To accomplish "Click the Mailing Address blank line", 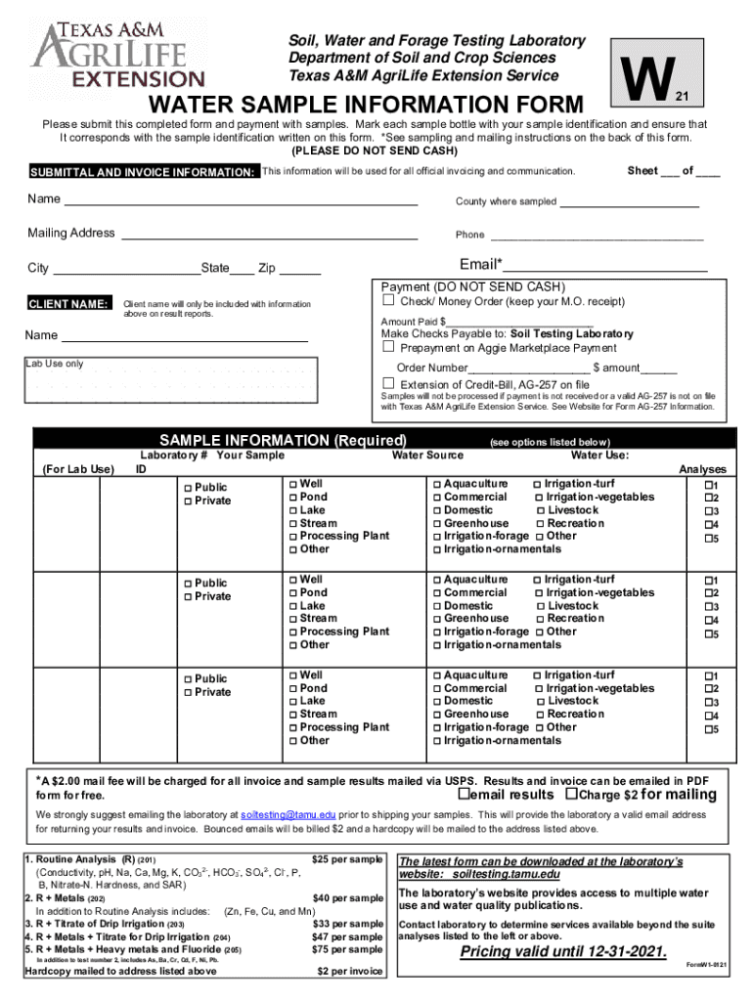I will (x=269, y=235).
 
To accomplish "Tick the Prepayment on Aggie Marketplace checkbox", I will (x=388, y=347).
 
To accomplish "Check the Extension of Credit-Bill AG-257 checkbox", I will (x=388, y=384).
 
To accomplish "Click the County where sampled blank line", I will (x=629, y=202).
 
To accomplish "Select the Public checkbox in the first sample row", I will (x=188, y=488).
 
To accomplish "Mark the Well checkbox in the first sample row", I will (x=292, y=484).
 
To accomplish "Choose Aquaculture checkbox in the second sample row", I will (x=437, y=580).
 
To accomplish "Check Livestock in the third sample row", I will (x=541, y=701).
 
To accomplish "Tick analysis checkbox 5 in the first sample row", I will (x=709, y=540).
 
